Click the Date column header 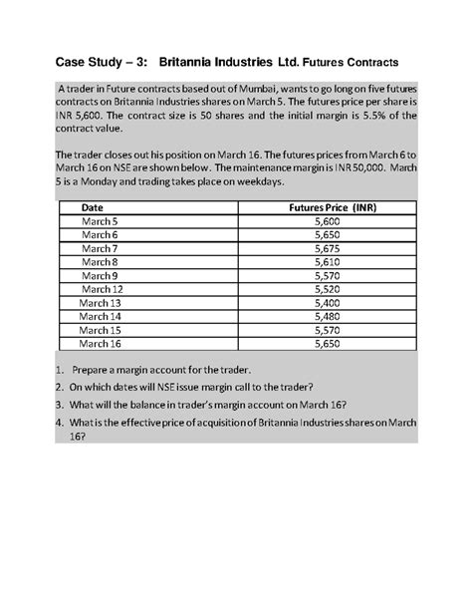[x=100, y=207]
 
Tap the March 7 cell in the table [x=100, y=248]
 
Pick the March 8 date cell [x=100, y=262]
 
